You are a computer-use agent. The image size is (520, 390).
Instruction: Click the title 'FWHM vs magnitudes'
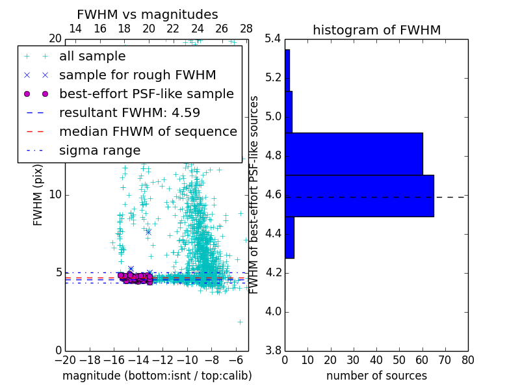[148, 15]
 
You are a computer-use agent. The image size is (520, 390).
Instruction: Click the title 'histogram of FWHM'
[376, 30]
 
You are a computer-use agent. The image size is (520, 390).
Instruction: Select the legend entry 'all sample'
[92, 57]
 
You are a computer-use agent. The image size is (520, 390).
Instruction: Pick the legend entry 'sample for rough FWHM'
[137, 75]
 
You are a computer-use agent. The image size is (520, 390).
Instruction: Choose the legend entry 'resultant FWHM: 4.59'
[129, 112]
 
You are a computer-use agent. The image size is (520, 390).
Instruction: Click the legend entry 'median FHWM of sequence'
[148, 131]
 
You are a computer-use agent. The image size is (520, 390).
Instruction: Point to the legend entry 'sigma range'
[99, 150]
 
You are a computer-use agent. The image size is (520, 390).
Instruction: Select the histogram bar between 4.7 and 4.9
[354, 154]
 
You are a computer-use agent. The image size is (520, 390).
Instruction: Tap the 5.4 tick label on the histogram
[274, 39]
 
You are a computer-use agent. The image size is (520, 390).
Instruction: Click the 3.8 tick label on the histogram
[274, 350]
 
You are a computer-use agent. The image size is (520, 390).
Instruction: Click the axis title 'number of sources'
[376, 376]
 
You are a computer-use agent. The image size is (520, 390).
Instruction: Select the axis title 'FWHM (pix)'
[38, 194]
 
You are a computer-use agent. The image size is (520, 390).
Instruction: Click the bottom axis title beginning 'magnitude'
[157, 376]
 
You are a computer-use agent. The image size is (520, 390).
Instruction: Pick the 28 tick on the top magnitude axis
[246, 29]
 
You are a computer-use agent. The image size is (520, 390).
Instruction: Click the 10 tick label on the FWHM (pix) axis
[55, 194]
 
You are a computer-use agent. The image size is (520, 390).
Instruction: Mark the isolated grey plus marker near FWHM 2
[240, 322]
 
